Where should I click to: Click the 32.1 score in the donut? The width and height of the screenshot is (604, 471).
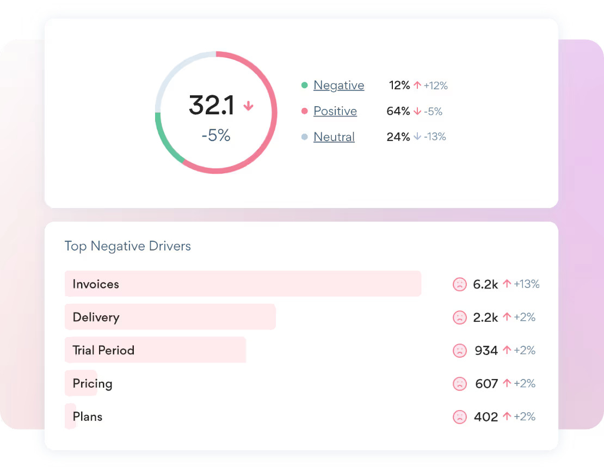point(212,105)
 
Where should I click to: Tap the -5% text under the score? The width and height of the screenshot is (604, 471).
point(216,136)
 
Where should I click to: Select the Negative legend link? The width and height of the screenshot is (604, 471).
point(338,85)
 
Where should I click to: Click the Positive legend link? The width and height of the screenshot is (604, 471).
point(335,111)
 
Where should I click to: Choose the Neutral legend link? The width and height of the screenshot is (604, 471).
point(334,137)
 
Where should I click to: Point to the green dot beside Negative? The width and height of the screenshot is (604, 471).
point(304,85)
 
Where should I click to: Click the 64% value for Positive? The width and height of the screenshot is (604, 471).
point(398,111)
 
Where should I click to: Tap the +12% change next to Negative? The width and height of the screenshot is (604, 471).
point(435,85)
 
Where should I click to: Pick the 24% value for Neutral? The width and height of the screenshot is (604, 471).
point(398,137)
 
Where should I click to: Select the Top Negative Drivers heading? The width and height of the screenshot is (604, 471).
point(127,246)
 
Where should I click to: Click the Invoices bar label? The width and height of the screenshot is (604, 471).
point(96,284)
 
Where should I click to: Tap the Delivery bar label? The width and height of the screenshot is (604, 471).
point(96,317)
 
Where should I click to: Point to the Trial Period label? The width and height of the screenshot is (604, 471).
point(103,350)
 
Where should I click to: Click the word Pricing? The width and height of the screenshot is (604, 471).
point(93,383)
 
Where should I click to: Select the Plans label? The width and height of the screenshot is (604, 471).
point(88,417)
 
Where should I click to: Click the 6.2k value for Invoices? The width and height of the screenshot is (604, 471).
point(485,284)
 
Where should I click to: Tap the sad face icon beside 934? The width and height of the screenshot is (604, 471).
point(460,351)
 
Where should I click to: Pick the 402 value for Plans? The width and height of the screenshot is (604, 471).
point(485,417)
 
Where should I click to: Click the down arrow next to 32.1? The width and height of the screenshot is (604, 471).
point(248,106)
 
